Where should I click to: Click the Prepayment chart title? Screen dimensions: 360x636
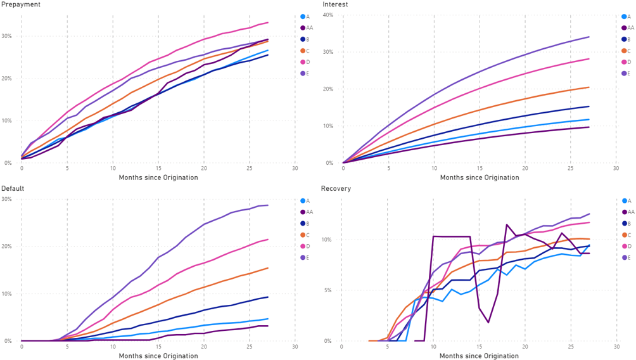[21, 4]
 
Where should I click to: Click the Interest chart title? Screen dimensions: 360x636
[335, 4]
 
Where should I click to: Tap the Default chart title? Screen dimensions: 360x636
[13, 188]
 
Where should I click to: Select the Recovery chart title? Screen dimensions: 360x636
[336, 188]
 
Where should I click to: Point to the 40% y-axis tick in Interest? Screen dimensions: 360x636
[328, 15]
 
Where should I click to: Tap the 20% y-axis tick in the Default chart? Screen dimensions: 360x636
[7, 247]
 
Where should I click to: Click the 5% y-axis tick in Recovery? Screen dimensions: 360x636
[328, 291]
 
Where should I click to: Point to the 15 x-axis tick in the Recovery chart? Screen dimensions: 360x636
[479, 347]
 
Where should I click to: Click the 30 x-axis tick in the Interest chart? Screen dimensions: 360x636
[616, 169]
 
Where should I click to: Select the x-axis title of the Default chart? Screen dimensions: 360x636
[158, 356]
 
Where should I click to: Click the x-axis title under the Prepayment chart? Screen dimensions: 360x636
[158, 177]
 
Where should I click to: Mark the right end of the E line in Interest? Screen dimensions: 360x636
[589, 37]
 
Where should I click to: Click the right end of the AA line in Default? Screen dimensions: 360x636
[268, 326]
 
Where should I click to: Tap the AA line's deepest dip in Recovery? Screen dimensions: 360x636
[488, 323]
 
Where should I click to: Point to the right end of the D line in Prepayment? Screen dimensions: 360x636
[268, 23]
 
